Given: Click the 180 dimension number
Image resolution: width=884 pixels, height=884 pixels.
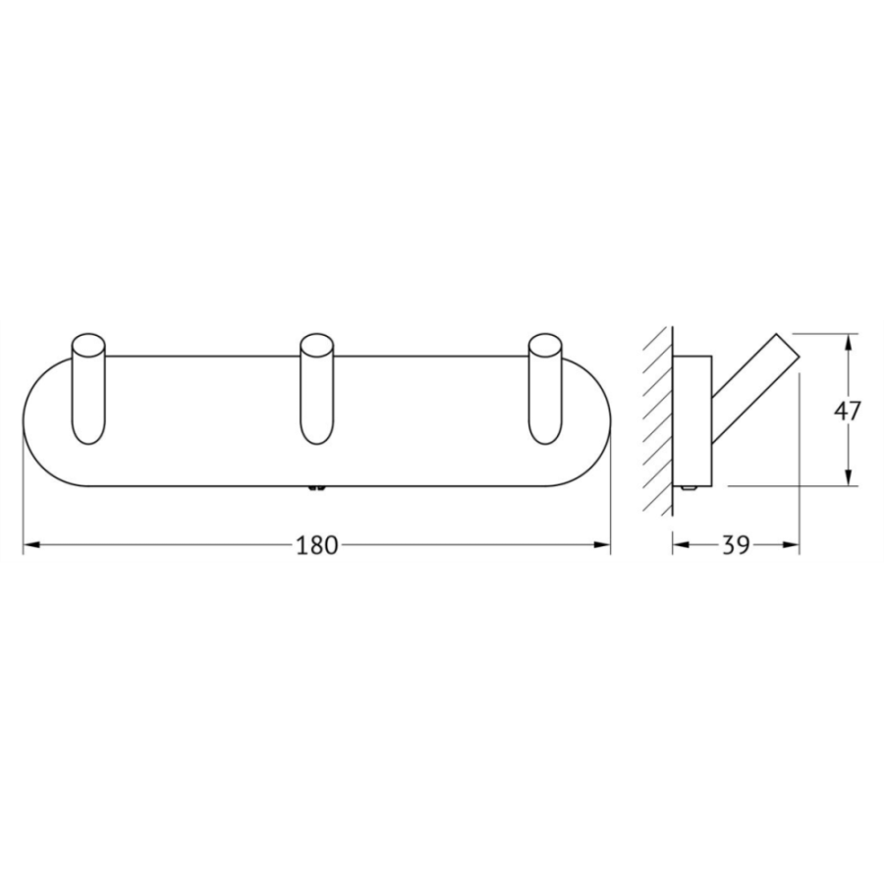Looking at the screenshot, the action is pyautogui.click(x=316, y=545).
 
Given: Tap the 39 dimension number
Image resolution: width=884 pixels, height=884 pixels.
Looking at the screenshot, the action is pyautogui.click(x=736, y=545).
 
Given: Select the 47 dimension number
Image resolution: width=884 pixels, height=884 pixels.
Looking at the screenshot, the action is pyautogui.click(x=848, y=411).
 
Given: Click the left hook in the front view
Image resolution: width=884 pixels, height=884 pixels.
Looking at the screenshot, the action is pyautogui.click(x=89, y=390).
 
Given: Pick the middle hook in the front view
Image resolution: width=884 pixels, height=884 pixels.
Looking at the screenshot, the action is pyautogui.click(x=317, y=390).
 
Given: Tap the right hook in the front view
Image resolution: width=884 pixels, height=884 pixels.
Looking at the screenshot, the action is pyautogui.click(x=545, y=390).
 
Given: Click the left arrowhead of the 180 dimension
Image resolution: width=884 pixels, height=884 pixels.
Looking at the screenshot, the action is pyautogui.click(x=31, y=544).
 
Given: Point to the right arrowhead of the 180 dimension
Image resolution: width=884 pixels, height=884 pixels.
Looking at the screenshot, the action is pyautogui.click(x=602, y=544).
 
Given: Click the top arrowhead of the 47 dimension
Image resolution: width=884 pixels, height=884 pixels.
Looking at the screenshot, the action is pyautogui.click(x=848, y=342).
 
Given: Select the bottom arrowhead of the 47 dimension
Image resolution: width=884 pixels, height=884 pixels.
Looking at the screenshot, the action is pyautogui.click(x=848, y=477).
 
